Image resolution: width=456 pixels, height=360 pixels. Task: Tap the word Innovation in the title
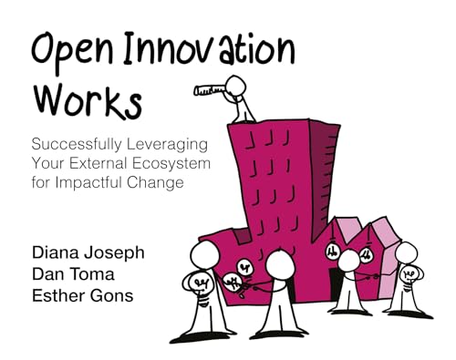(209, 48)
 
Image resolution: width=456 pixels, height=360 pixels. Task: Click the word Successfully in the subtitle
(77, 144)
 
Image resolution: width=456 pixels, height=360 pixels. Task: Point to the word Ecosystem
(171, 163)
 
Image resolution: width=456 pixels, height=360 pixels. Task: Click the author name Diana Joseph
(88, 253)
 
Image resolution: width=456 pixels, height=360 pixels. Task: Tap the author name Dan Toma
(73, 274)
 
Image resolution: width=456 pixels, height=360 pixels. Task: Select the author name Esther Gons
(83, 295)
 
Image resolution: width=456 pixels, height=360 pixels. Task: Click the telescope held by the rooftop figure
(210, 89)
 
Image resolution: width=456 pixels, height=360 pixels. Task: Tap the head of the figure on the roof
(235, 85)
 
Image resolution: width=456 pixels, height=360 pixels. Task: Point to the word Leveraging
(167, 144)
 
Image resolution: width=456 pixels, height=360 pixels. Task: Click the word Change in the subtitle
(155, 182)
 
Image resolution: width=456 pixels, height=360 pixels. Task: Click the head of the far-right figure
(407, 252)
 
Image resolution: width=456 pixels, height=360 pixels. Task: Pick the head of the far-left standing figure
(204, 255)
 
